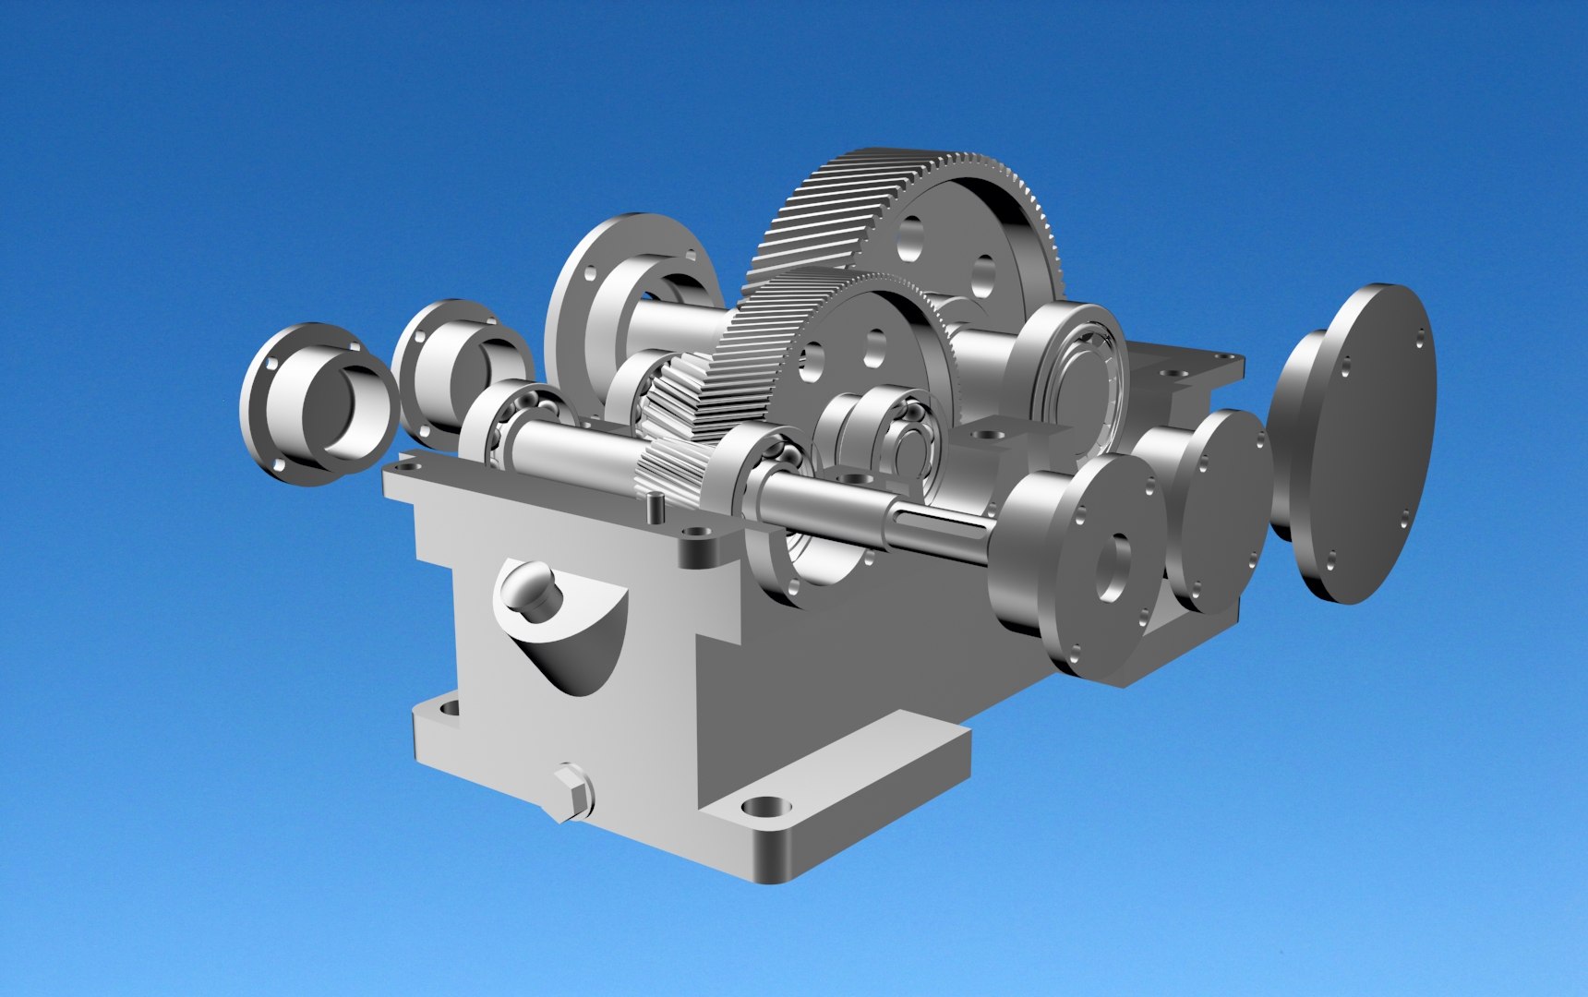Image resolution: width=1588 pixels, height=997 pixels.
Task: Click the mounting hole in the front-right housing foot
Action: coord(765,809)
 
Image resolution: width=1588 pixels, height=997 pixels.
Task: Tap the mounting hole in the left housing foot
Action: coord(450,708)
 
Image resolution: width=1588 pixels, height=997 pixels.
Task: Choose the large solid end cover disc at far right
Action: coord(1357,443)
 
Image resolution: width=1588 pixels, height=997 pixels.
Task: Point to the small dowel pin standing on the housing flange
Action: coord(655,506)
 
